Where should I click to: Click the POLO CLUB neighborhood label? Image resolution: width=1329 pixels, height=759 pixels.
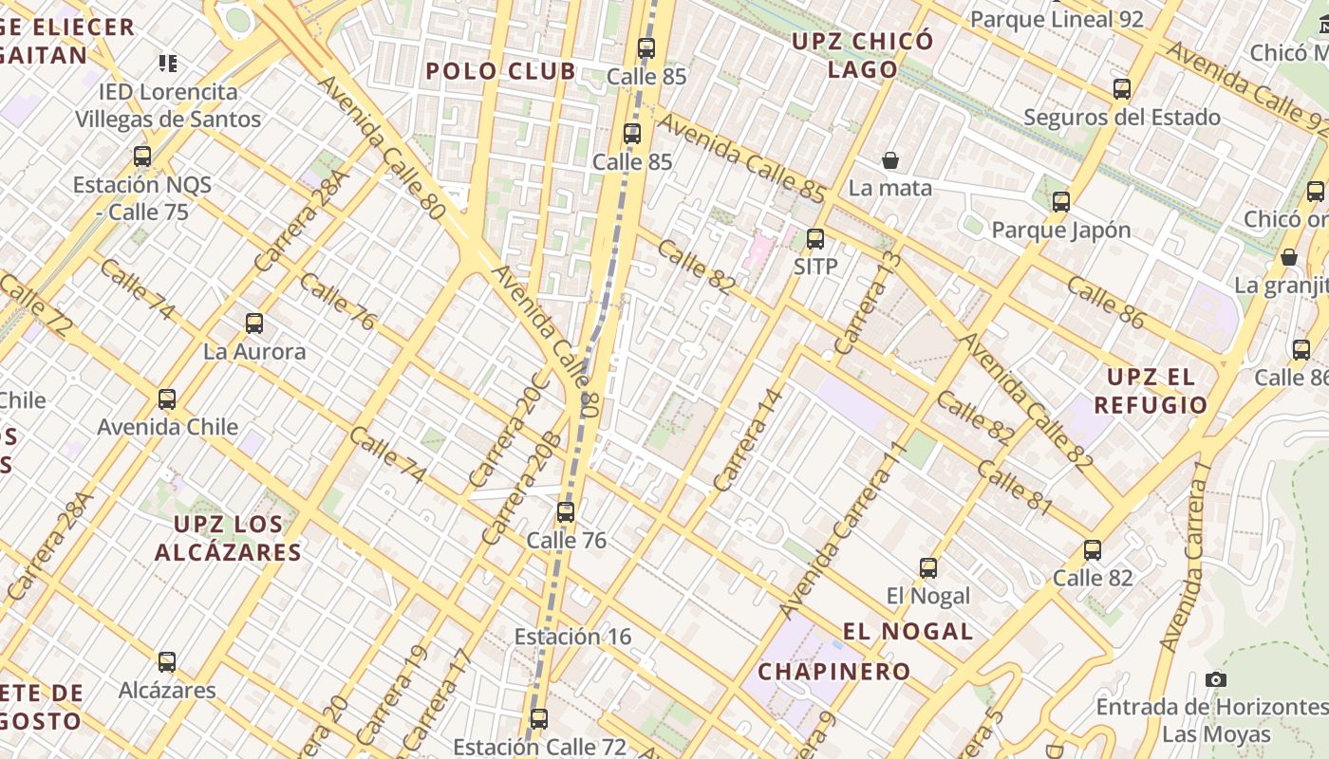(x=500, y=71)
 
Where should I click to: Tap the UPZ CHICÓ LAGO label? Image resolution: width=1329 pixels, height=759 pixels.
(x=862, y=55)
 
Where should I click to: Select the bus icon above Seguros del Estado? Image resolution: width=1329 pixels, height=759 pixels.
(x=1122, y=90)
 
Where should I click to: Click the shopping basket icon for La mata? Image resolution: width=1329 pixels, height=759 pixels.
(x=890, y=160)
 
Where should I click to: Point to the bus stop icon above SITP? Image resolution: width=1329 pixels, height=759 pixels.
(x=815, y=239)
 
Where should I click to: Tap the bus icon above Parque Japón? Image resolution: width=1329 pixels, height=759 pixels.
(x=1061, y=202)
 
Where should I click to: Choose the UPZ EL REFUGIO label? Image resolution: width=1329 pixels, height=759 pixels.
(x=1151, y=391)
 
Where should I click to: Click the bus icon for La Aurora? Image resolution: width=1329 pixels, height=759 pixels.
(x=254, y=324)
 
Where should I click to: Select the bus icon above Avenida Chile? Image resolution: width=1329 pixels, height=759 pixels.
(x=167, y=399)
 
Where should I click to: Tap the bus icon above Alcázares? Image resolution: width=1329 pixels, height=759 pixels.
(x=167, y=662)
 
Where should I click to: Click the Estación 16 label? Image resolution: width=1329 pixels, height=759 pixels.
(x=572, y=637)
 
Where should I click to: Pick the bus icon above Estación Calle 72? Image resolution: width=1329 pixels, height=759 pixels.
(x=539, y=719)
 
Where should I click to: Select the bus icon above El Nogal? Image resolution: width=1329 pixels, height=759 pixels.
(x=928, y=568)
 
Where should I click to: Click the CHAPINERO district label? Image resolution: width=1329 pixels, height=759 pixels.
(x=833, y=672)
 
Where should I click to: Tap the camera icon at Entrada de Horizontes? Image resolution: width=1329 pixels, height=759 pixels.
(x=1215, y=679)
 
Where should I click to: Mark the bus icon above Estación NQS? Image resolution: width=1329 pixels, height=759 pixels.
(x=142, y=157)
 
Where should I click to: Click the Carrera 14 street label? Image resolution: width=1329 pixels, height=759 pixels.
(x=749, y=439)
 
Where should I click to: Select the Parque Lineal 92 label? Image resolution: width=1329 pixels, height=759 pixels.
(x=1057, y=19)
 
